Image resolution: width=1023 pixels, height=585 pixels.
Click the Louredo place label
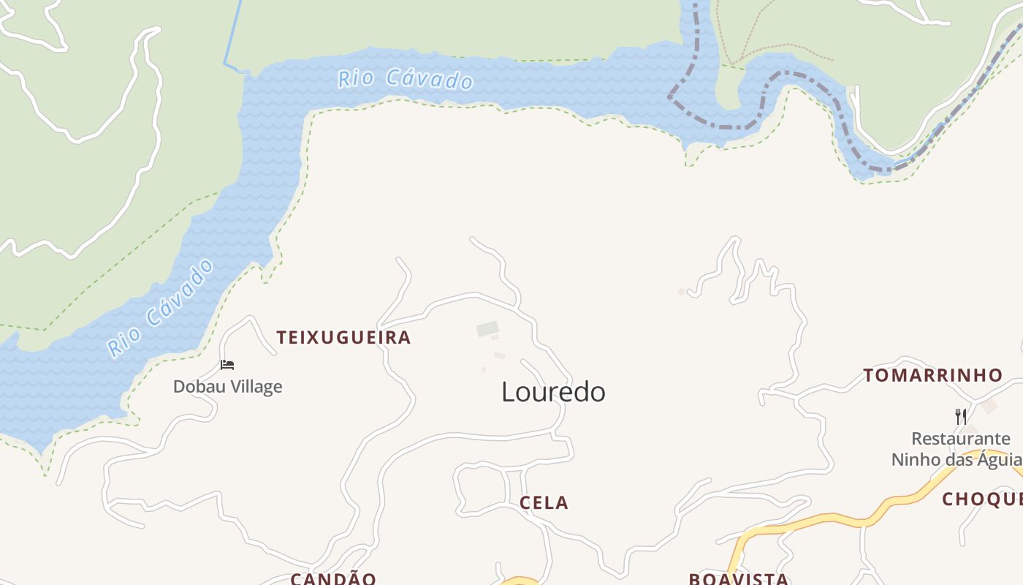coord(553,392)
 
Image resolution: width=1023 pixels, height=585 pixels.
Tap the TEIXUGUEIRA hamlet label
coord(343,337)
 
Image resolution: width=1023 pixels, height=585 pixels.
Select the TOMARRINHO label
coord(933,375)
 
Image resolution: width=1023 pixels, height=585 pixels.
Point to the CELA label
coord(544,502)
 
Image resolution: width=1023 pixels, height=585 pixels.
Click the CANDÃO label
coord(333,578)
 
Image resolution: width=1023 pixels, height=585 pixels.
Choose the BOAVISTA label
coord(738,578)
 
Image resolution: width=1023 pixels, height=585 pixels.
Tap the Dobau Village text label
coord(227,386)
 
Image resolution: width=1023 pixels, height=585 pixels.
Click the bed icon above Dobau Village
coord(227,364)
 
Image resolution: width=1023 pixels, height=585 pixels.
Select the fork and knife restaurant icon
coord(961,417)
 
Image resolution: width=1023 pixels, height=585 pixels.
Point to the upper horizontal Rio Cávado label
coord(406,78)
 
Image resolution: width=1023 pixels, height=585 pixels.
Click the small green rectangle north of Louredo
coord(487,329)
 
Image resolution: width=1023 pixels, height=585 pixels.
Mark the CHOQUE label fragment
coord(982,499)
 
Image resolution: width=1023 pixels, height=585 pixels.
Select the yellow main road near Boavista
coord(818,520)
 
